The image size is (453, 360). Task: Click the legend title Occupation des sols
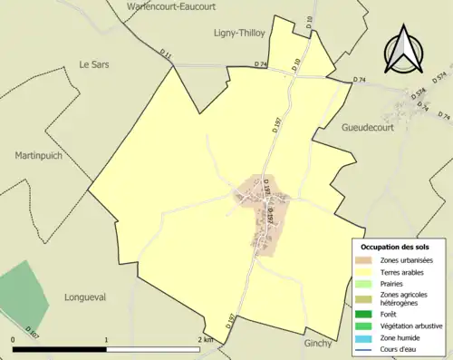pyautogui.click(x=395, y=247)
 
